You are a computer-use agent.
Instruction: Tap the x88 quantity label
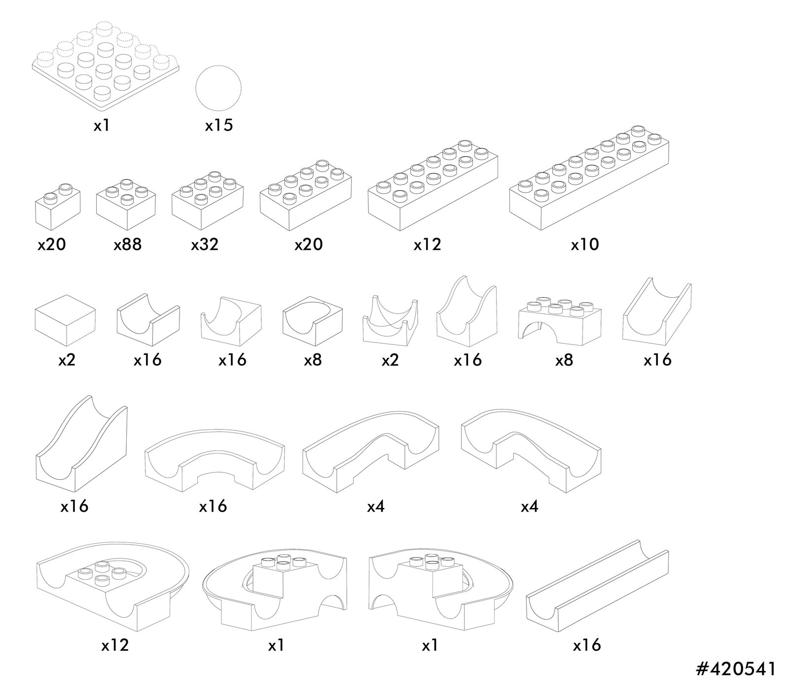[128, 245]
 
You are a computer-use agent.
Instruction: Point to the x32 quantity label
[205, 245]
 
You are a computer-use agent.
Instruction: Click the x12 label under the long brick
[427, 245]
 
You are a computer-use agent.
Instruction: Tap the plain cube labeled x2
[65, 320]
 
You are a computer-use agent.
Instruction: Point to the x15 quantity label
[219, 126]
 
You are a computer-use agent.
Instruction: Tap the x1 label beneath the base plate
[101, 126]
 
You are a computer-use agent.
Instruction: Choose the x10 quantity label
[585, 245]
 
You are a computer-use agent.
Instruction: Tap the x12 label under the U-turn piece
[115, 645]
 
